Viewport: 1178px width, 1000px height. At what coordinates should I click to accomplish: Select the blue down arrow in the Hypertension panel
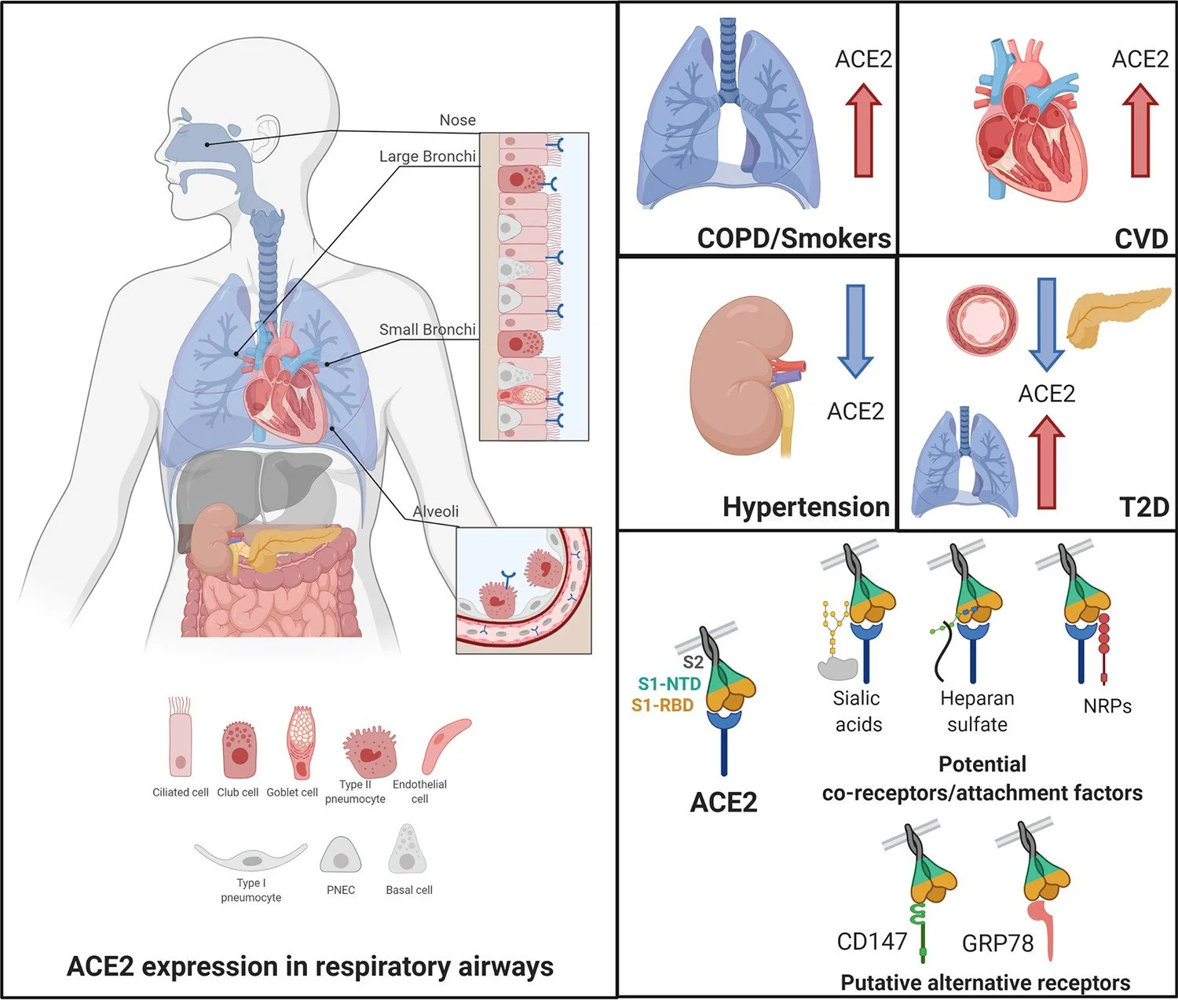[854, 330]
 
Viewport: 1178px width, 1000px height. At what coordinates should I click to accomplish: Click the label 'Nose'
[457, 120]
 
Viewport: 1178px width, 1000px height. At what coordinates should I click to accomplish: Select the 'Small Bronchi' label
[427, 329]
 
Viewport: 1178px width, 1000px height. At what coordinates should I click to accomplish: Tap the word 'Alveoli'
[436, 511]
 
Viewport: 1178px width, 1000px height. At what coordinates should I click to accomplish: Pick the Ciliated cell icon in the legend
[181, 738]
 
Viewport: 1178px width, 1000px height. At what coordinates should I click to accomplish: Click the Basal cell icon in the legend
[407, 850]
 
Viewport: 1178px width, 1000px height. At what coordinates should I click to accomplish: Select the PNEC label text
[341, 890]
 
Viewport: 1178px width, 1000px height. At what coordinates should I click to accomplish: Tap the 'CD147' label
[872, 941]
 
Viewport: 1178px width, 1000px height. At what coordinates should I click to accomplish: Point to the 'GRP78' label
[997, 943]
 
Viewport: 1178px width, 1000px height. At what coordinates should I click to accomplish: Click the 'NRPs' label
[1107, 706]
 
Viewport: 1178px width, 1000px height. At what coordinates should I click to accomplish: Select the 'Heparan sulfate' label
[977, 711]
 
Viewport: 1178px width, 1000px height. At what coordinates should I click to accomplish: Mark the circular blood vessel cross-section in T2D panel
[982, 320]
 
